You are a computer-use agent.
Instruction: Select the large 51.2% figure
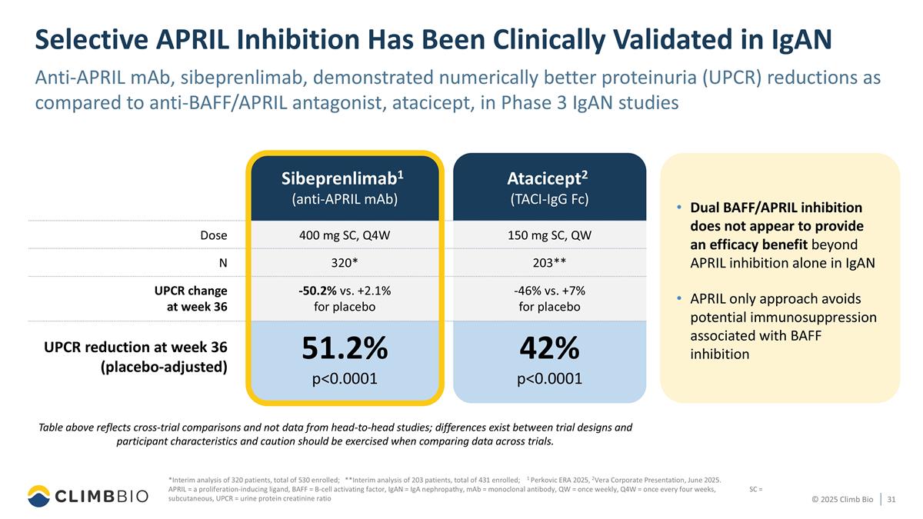point(343,348)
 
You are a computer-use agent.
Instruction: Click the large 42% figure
point(548,348)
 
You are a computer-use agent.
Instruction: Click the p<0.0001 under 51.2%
point(343,378)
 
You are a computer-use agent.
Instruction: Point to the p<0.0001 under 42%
point(548,378)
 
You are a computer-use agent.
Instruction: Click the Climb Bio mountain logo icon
point(39,496)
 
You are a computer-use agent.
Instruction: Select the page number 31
point(892,501)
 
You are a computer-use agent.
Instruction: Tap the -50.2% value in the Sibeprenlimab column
point(318,290)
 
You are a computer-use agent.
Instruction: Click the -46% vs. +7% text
point(548,290)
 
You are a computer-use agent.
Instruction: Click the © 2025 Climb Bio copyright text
point(842,501)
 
